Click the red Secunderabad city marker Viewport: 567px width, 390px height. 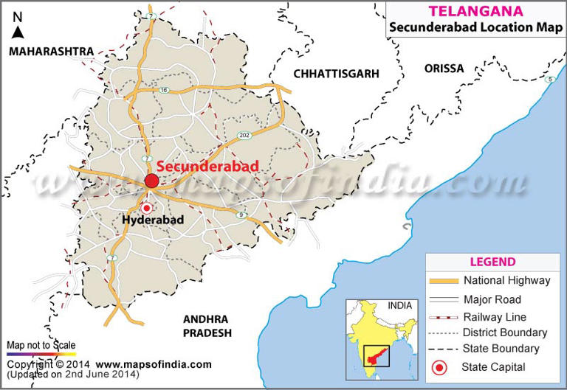[152, 181]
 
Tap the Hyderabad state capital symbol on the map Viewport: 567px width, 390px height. [146, 209]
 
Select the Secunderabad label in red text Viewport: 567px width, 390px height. [208, 167]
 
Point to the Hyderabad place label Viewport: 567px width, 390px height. [153, 220]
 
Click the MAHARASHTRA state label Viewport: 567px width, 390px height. [51, 51]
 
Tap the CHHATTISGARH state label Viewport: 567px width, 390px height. [336, 74]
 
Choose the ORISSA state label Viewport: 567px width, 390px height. [444, 69]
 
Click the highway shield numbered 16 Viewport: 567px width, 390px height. [164, 90]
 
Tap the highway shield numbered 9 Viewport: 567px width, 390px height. [241, 214]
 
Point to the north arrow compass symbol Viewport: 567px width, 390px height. [18, 26]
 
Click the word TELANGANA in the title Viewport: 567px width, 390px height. [467, 11]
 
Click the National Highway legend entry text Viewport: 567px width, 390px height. [506, 280]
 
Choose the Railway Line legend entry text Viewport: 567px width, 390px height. [494, 316]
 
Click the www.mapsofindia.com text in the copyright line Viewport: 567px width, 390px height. [153, 364]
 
